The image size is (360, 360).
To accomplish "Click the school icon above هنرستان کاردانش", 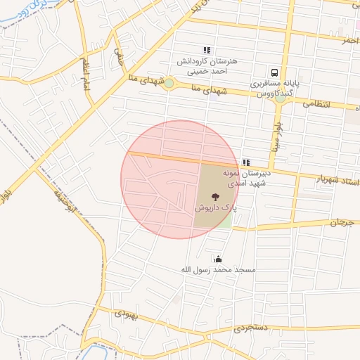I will click(207, 50).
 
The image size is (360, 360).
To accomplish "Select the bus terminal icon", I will click(274, 72).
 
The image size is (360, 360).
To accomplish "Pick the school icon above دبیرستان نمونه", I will click(246, 162).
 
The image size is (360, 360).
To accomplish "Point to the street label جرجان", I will click(343, 221).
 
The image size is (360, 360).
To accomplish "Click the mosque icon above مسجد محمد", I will click(218, 258).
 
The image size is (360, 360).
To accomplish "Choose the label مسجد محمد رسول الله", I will click(218, 270).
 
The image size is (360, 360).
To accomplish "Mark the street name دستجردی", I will click(251, 328).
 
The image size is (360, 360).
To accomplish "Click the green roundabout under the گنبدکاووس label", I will click(280, 98).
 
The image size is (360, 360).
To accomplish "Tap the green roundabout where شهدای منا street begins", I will click(169, 84).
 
